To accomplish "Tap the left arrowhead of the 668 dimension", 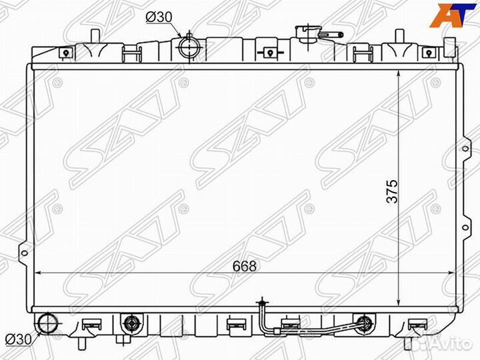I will pos(37,273).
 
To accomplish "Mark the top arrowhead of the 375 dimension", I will pos(399,71).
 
